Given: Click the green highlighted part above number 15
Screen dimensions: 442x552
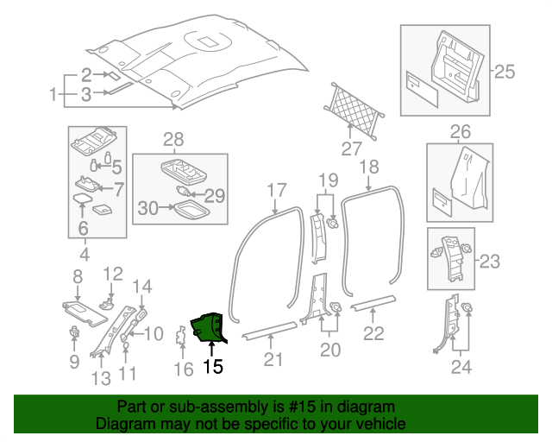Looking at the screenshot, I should coord(207,327).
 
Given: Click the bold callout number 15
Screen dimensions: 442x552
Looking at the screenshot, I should coord(212,367).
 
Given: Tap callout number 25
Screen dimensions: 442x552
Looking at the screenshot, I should coord(504,70).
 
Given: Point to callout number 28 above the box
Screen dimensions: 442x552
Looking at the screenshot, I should coord(174,140).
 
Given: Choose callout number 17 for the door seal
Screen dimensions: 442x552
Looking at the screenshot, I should coord(276,190).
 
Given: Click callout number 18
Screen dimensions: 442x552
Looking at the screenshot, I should coord(369,166).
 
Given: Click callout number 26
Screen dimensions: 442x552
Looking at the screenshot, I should coord(461,131).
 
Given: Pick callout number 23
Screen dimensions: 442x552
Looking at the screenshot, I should coord(489,260).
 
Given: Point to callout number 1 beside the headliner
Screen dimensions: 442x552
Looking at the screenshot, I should coord(53,93).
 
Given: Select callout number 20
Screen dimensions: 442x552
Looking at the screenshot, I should coord(329,349).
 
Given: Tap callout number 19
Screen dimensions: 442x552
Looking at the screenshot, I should coord(327,180).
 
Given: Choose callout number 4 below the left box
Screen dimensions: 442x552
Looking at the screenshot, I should coord(85,254).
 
